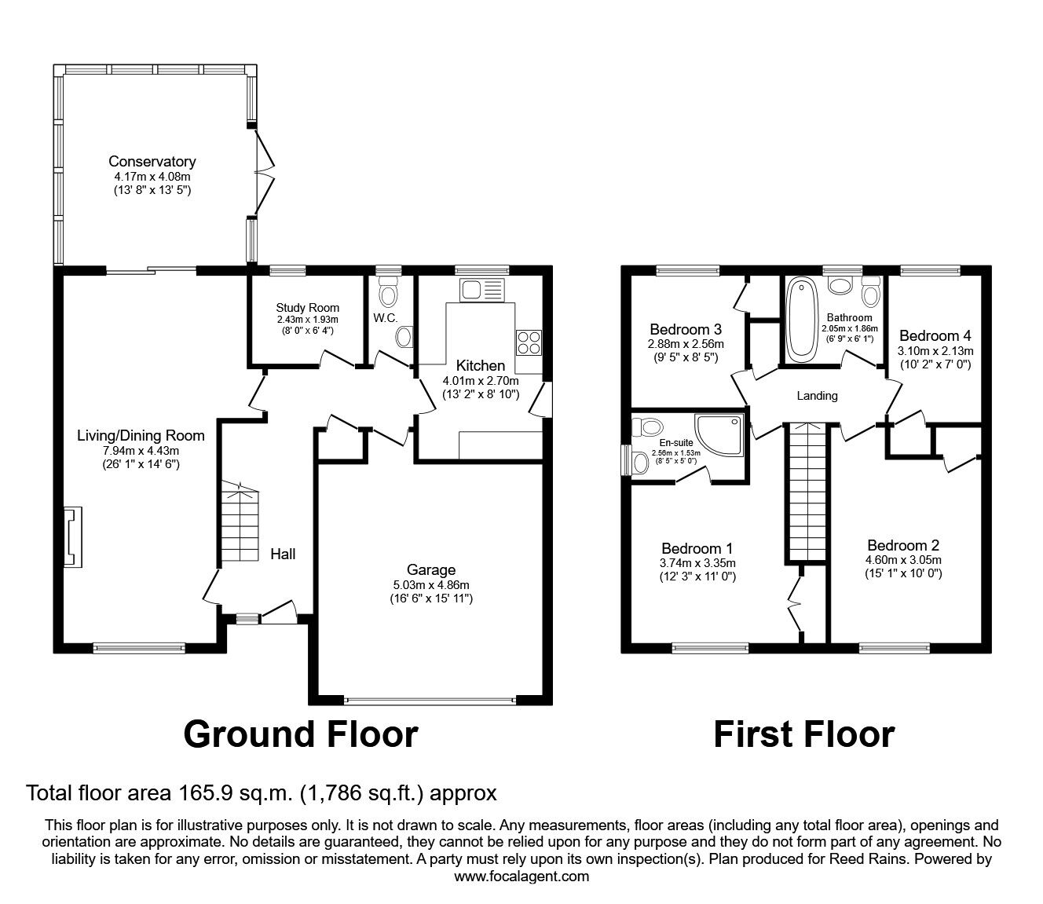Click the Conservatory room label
tap(152, 163)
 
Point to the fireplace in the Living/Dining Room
tap(71, 536)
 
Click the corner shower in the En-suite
tap(721, 434)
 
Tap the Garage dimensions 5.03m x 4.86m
tap(431, 584)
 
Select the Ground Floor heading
tap(300, 734)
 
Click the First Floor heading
tap(803, 734)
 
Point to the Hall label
tap(283, 554)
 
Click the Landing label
tap(817, 396)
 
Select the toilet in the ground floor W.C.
tap(388, 293)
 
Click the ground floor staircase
tap(239, 522)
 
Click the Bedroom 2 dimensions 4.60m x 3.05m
tap(903, 560)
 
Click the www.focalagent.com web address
tap(521, 877)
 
